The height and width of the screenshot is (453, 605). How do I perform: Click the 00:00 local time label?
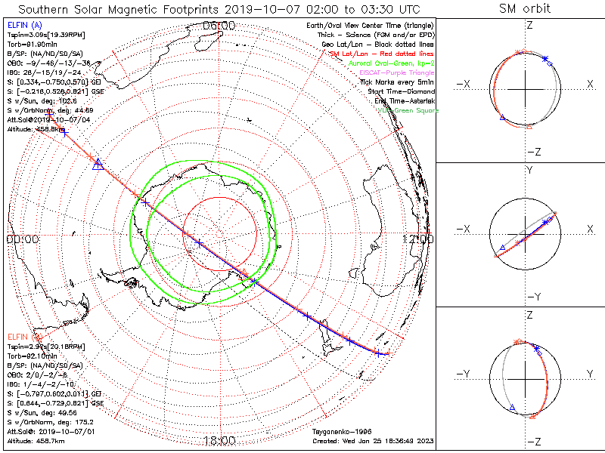coord(23,239)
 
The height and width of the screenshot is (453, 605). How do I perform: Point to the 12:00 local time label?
coord(418,239)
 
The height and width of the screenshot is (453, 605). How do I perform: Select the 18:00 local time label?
coord(219,441)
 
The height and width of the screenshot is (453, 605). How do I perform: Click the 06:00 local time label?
coord(219,26)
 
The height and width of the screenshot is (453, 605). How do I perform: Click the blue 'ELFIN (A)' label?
coord(21,26)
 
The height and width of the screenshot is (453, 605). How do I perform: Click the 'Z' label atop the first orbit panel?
coord(529,25)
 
